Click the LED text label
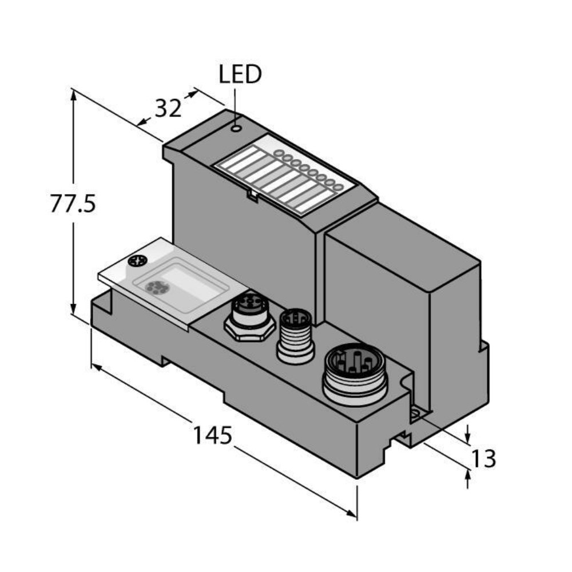240,74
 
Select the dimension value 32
168,109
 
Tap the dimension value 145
212,436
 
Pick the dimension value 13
482,458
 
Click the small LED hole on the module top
236,128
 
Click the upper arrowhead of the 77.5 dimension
73,93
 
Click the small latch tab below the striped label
251,195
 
